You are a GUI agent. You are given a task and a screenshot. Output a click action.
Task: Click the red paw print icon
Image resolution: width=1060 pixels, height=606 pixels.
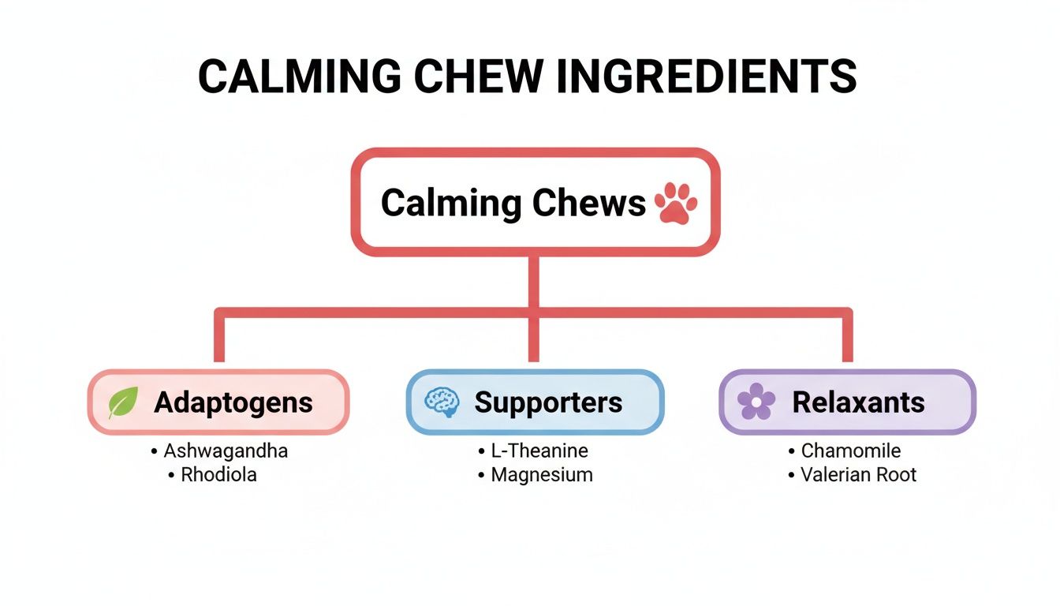click(676, 203)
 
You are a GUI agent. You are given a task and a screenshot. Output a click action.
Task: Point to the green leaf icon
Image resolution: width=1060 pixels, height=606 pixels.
click(123, 402)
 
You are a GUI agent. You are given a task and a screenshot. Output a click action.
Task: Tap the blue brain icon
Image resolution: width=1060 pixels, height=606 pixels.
click(441, 402)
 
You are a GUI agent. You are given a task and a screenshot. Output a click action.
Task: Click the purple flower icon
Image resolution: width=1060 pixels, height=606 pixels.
click(756, 402)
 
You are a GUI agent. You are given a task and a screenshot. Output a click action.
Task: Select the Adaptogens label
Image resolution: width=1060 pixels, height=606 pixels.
click(233, 402)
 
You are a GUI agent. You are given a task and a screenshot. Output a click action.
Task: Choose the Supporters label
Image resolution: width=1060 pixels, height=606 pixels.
click(548, 402)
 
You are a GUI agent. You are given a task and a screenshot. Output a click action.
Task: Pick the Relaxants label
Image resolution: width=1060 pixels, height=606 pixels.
click(858, 402)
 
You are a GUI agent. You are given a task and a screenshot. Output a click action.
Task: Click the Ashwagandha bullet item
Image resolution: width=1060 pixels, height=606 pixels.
click(225, 451)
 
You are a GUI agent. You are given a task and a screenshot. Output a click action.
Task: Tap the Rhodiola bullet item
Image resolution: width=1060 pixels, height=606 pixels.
click(218, 475)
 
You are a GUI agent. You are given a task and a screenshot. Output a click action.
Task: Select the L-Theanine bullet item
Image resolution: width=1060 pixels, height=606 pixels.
click(539, 451)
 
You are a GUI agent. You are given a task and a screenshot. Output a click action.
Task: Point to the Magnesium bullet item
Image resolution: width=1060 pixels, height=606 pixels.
click(541, 475)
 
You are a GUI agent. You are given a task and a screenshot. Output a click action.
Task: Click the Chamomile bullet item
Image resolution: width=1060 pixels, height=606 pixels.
click(850, 451)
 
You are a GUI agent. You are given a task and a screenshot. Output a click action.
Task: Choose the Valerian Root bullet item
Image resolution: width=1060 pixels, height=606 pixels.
click(858, 475)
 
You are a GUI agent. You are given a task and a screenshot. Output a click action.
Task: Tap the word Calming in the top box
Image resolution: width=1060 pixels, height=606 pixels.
click(450, 203)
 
